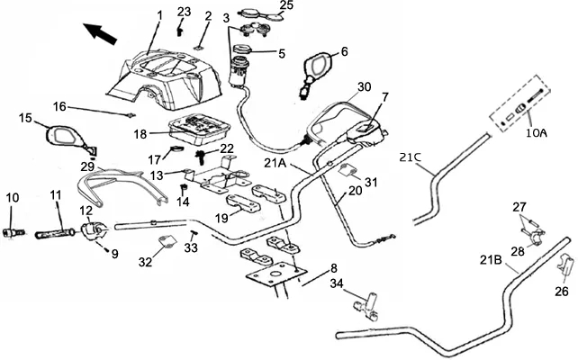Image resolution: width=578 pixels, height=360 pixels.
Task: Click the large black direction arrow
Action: (100, 33)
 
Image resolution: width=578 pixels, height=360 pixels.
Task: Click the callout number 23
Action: (184, 13)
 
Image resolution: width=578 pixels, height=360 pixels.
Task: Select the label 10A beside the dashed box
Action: (537, 132)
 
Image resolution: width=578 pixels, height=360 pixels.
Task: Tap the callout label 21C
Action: (411, 157)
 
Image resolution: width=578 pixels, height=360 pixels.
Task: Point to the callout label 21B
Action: (491, 260)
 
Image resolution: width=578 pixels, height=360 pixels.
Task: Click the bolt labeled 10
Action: (14, 233)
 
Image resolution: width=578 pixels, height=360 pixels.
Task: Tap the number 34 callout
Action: (337, 283)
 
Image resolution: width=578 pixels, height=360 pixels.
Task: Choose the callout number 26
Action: (562, 292)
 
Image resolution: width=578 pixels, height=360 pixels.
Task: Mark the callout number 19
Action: (221, 218)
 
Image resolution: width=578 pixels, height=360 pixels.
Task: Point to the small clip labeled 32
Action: (167, 242)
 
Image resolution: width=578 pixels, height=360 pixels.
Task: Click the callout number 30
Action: (365, 87)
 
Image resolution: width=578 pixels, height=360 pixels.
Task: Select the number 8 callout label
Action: (334, 268)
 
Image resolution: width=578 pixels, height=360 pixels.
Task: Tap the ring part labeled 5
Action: (242, 49)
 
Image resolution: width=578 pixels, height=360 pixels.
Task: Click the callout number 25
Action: (286, 5)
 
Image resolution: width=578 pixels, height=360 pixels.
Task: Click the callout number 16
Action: (59, 107)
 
